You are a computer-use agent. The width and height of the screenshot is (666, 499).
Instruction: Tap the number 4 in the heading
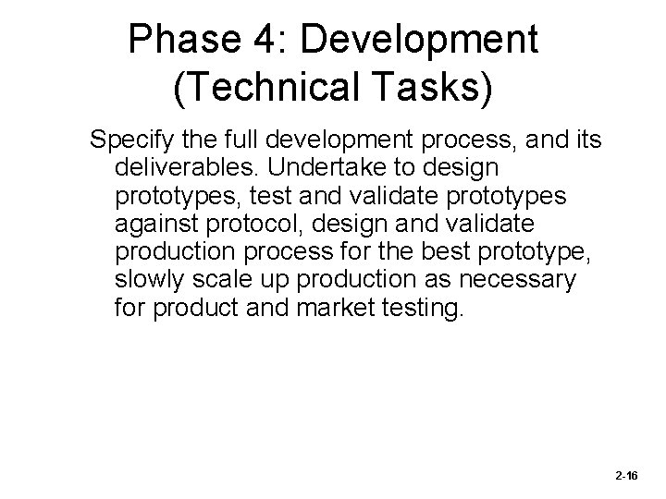coord(283,40)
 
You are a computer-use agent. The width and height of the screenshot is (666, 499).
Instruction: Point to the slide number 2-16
coord(625,475)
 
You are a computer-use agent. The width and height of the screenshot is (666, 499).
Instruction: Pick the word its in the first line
coord(585,141)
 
